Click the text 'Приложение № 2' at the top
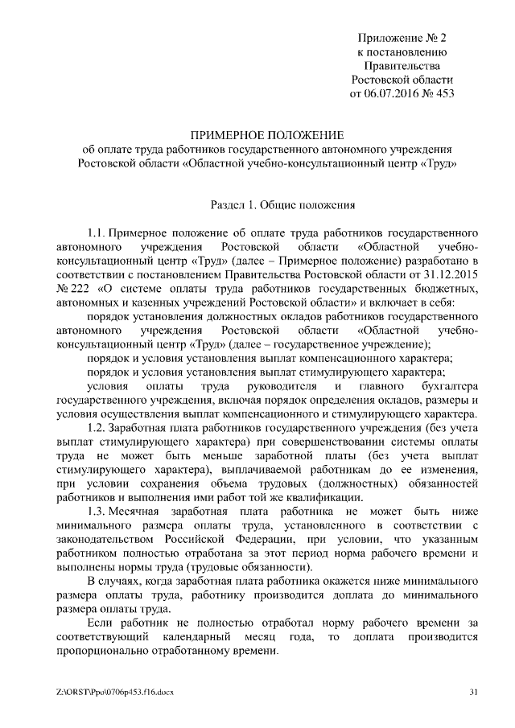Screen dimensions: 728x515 pyautogui.click(x=404, y=38)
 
